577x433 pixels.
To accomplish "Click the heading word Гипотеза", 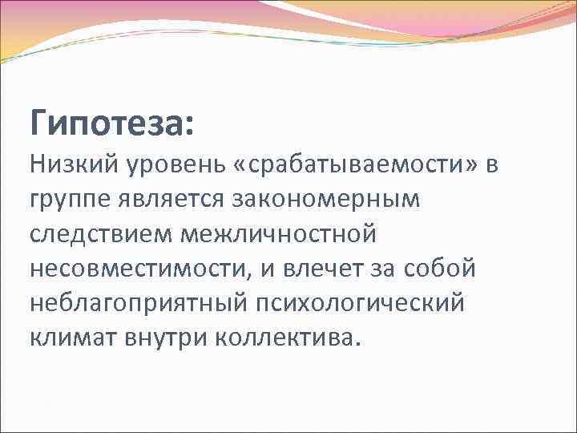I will (x=107, y=123).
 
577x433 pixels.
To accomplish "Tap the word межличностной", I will (x=280, y=234).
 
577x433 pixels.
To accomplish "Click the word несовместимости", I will (x=137, y=269).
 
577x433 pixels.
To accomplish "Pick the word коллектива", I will (x=285, y=338).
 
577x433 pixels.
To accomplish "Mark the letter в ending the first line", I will (x=491, y=167).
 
